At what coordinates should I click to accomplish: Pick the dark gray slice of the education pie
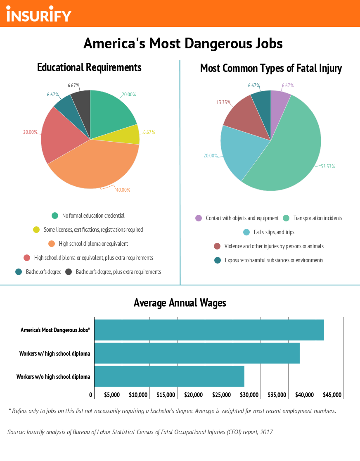pos(82,99)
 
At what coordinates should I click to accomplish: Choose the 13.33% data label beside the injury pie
pos(223,102)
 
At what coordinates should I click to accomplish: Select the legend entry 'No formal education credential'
pos(93,216)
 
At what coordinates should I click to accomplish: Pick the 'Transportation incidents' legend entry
pos(317,218)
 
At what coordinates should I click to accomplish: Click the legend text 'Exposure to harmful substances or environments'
pos(274,260)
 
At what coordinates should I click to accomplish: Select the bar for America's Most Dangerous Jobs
pos(209,330)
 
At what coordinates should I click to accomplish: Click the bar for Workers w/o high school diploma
pos(169,376)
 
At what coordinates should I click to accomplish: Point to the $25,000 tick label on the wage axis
pos(221,395)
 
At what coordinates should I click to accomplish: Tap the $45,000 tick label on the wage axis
pos(332,395)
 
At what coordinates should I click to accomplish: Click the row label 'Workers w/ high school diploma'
pos(54,354)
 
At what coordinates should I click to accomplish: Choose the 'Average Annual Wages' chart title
pos(180,303)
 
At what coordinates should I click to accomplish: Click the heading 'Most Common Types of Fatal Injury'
pos(271,68)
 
